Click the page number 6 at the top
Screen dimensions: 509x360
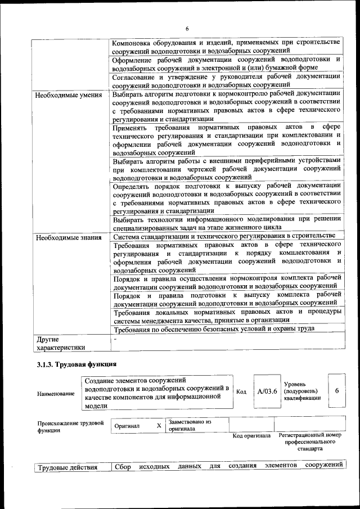tap(187, 29)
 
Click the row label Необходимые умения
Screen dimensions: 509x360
tap(68, 94)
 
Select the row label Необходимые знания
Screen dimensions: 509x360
tap(68, 237)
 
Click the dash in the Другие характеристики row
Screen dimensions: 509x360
tap(115, 340)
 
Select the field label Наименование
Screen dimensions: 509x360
tap(56, 394)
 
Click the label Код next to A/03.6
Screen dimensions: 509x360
tap(241, 391)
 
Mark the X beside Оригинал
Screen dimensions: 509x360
tap(159, 426)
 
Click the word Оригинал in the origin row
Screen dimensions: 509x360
tap(127, 426)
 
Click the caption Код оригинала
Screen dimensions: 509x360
tap(251, 436)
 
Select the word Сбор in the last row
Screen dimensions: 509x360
tap(123, 466)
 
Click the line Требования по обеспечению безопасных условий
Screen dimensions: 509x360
tap(214, 329)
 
